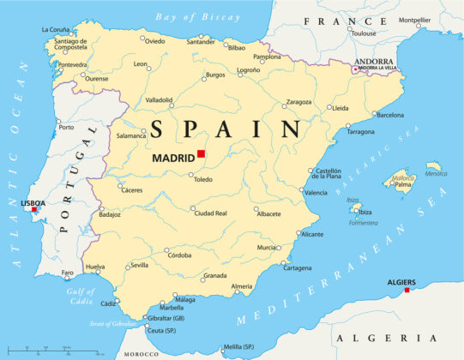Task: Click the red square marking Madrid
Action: tap(201, 153)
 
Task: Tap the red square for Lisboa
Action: tap(34, 209)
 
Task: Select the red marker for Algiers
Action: tap(407, 290)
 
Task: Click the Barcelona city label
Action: tap(390, 114)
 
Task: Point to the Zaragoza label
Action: tap(298, 102)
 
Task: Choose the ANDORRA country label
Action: tap(375, 62)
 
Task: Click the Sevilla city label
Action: tap(139, 266)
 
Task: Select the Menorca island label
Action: tap(436, 173)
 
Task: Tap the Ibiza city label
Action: tap(364, 212)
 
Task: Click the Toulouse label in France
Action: tap(363, 33)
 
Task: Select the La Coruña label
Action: tap(57, 29)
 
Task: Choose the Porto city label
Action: tap(66, 127)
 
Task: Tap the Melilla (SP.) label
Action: tap(239, 346)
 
